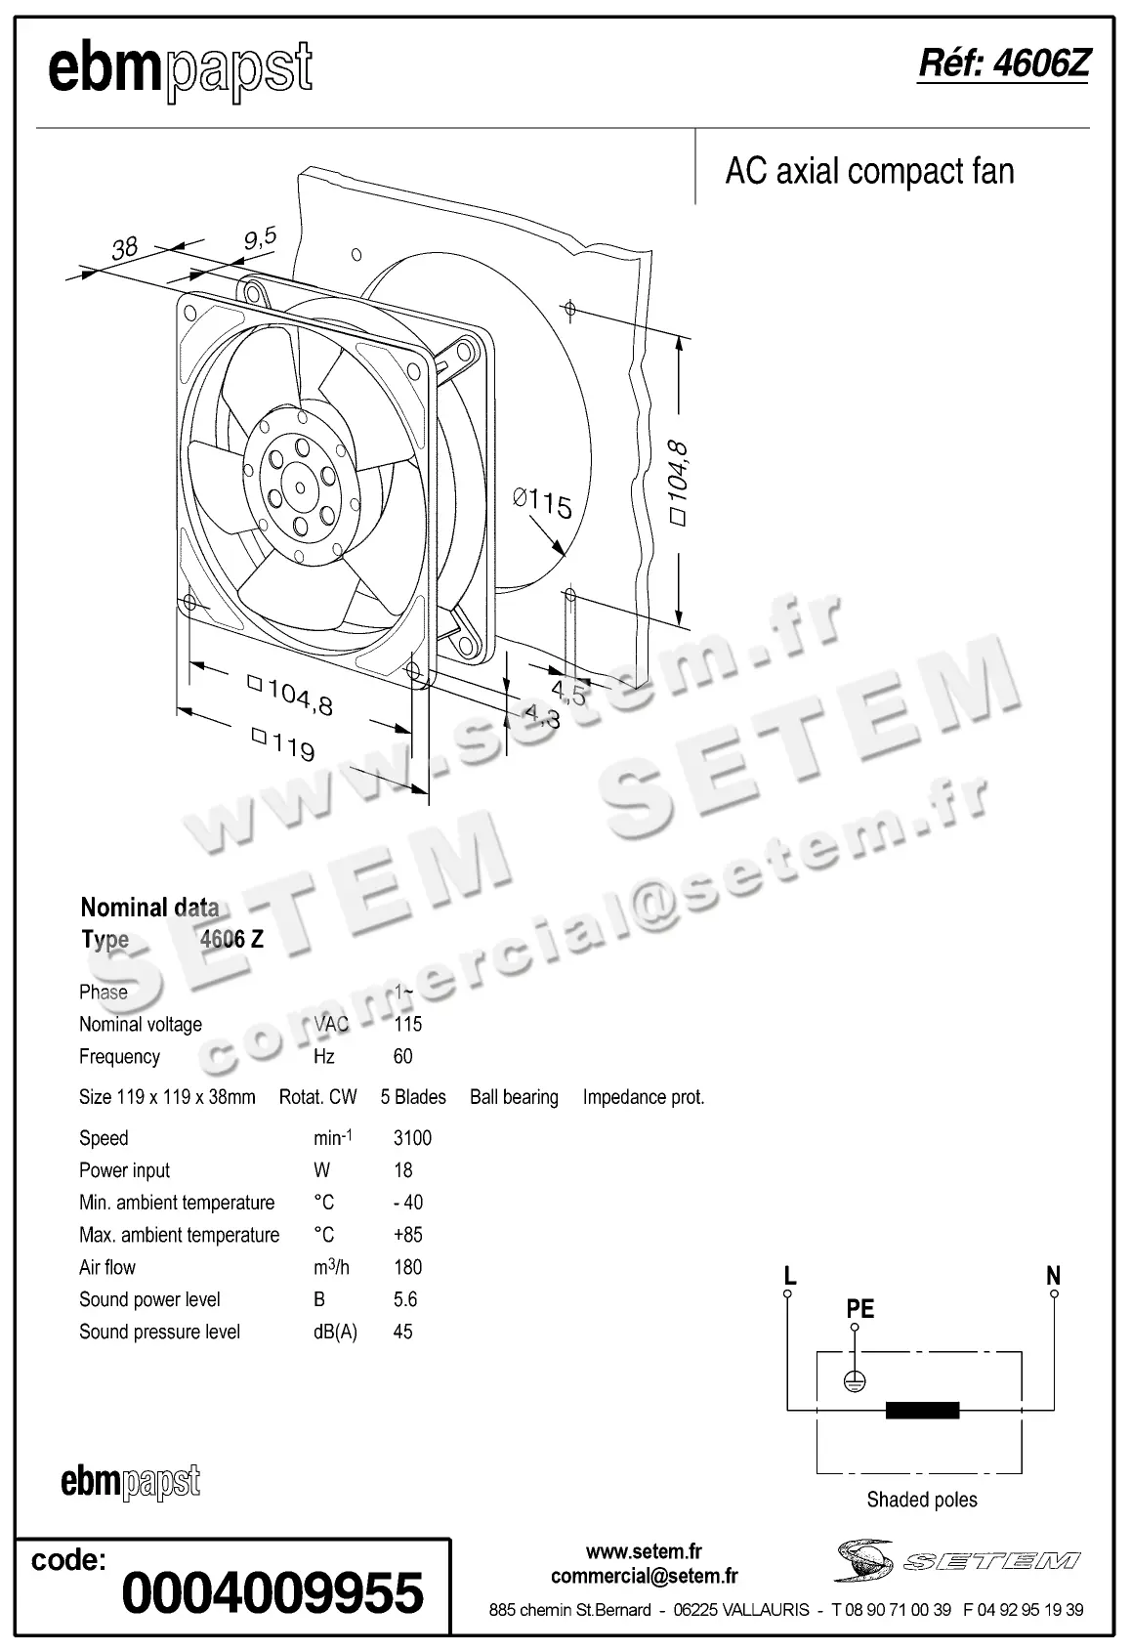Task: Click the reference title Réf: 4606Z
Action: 1003,64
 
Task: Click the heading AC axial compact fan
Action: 869,172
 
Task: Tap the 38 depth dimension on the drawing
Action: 125,248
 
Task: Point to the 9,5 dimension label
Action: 260,238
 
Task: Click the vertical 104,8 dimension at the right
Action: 678,484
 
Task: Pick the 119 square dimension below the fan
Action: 283,744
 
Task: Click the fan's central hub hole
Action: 300,487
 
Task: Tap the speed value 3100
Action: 412,1138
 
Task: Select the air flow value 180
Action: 407,1267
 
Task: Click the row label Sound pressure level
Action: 159,1332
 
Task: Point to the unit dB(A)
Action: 335,1332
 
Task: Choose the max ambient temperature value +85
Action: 407,1235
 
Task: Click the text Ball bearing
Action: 514,1097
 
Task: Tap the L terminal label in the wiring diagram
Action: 790,1275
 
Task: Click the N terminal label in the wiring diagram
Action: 1053,1275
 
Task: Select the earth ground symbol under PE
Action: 855,1382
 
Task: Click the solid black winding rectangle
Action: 922,1410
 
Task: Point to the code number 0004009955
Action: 272,1592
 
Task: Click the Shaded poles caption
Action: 922,1500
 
